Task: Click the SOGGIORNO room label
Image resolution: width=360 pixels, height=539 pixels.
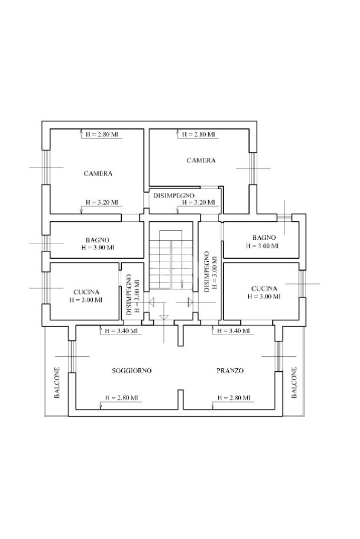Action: tap(132, 370)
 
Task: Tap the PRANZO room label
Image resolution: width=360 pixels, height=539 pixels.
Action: tap(230, 370)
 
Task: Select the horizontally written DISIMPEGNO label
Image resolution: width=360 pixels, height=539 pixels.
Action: tap(173, 195)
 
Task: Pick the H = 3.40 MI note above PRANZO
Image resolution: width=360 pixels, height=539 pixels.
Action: tap(233, 331)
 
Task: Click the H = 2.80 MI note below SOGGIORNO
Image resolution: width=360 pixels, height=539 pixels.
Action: tap(121, 398)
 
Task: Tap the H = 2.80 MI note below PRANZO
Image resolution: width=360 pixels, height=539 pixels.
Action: tap(233, 398)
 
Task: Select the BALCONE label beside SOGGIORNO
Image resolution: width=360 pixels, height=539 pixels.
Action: tap(57, 382)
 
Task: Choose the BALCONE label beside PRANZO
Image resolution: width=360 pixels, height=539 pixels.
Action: tap(294, 382)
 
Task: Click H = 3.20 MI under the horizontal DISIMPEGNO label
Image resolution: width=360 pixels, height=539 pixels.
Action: tap(198, 202)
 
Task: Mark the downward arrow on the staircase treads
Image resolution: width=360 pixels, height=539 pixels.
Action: tap(182, 284)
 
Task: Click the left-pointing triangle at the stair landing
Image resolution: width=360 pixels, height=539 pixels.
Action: tap(152, 302)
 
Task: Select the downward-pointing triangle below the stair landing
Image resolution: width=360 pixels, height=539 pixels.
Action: tap(164, 317)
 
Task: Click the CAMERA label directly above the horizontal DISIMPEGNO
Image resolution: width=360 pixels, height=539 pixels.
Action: tap(201, 160)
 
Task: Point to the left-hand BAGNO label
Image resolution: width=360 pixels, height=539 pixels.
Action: tap(98, 240)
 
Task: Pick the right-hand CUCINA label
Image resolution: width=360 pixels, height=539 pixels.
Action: tap(264, 289)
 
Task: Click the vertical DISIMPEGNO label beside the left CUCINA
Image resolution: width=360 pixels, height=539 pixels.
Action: tap(129, 295)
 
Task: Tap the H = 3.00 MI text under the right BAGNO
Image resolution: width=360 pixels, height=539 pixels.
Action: tap(262, 246)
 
